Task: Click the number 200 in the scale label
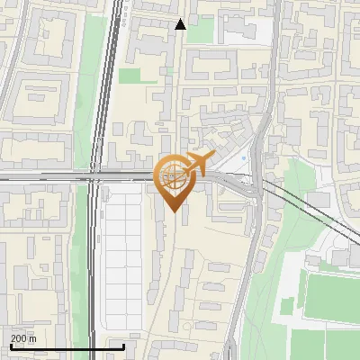(x=19, y=338)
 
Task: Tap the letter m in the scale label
(x=32, y=338)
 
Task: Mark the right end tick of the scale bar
(x=124, y=346)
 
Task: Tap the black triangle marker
(x=181, y=24)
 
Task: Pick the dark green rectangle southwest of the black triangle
(x=131, y=76)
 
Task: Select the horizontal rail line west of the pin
(x=45, y=179)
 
